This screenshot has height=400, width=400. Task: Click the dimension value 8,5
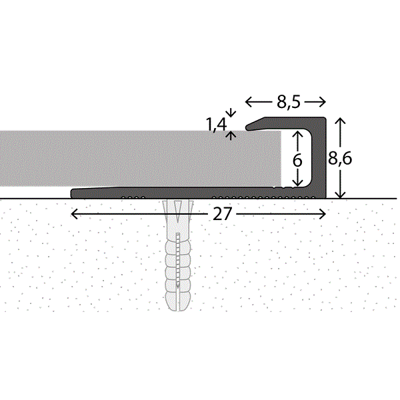pos(288,102)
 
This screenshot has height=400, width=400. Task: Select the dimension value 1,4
pos(216,125)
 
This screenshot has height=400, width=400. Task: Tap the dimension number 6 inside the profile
pos(297,161)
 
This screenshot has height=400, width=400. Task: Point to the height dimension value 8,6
pos(339,158)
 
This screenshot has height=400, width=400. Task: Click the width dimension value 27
pos(222,214)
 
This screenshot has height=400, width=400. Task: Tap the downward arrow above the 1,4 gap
pos(231,113)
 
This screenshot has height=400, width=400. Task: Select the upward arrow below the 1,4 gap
pos(231,135)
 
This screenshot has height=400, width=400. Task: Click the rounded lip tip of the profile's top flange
pos(247,127)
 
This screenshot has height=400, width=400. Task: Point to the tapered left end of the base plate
pos(72,193)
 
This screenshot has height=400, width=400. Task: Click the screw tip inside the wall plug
pos(178,287)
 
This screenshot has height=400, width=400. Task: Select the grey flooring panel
pos(140,159)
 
